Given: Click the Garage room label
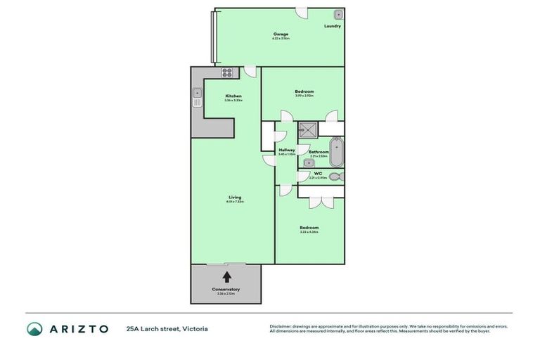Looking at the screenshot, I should click(x=281, y=34).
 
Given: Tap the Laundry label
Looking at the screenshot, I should click(x=333, y=27).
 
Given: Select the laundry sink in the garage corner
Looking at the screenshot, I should click(x=338, y=14).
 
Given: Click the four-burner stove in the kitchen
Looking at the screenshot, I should click(x=227, y=72).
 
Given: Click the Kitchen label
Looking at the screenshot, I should click(x=233, y=96).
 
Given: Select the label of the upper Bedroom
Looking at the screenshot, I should click(x=304, y=91).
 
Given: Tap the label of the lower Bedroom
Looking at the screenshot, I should click(x=309, y=227).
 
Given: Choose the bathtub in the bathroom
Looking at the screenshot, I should click(x=337, y=152).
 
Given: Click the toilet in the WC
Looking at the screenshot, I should click(x=335, y=177).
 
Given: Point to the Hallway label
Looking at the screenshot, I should click(x=286, y=150).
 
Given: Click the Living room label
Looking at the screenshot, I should click(x=234, y=198).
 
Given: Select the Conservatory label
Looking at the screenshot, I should click(x=226, y=289).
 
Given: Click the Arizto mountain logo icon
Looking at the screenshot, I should click(x=34, y=328).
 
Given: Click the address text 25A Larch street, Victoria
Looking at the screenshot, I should click(x=167, y=328).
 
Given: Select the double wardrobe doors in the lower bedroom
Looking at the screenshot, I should click(x=321, y=202).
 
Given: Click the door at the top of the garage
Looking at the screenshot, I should click(x=301, y=13).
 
